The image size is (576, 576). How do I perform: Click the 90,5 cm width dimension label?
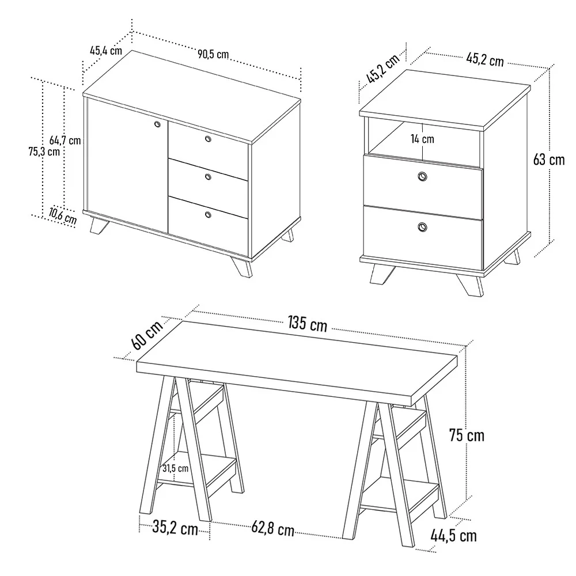point(213,55)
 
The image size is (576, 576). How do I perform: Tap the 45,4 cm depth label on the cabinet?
point(105,50)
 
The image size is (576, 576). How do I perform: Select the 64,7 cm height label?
point(65,140)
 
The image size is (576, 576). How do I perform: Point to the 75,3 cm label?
point(44,152)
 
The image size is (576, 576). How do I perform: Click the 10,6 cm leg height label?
point(62,216)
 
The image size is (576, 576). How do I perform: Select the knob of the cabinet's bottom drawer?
point(208,215)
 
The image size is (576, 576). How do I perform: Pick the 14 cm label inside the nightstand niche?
point(423,139)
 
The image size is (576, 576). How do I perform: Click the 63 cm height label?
point(549,160)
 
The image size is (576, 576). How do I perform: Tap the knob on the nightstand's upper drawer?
point(423,177)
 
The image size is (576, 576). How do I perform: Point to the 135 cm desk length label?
point(307,324)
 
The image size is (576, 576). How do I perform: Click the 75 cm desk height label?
point(467,435)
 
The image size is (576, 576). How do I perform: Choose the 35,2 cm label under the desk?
point(175,526)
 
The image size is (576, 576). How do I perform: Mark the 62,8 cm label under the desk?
point(272,528)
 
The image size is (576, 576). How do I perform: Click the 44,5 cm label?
point(453,536)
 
